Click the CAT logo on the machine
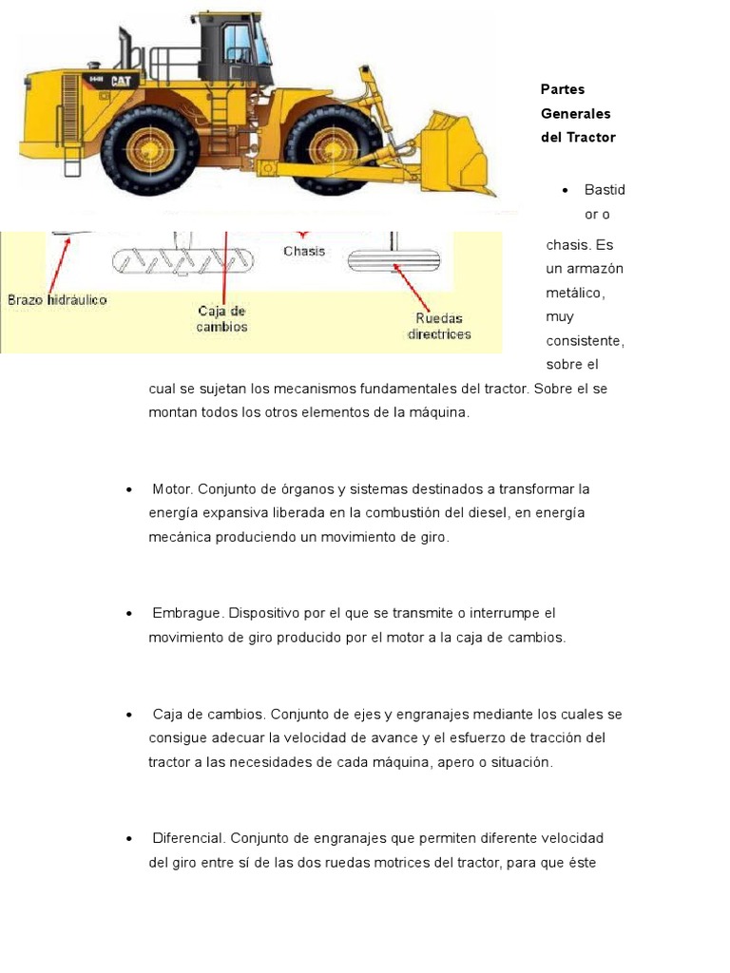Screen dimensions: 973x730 point(121,82)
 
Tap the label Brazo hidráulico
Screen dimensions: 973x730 point(57,299)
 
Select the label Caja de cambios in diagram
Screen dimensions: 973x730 point(222,318)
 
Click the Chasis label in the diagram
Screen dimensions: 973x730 point(304,251)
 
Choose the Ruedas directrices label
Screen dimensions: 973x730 point(439,326)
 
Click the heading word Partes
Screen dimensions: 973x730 point(562,89)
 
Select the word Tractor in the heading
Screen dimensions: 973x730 point(591,137)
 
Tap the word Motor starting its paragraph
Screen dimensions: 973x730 point(172,488)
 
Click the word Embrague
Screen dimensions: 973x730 point(187,613)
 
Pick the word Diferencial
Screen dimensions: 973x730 point(188,838)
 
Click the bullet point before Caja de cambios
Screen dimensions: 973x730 point(128,715)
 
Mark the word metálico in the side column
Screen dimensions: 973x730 point(573,293)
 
